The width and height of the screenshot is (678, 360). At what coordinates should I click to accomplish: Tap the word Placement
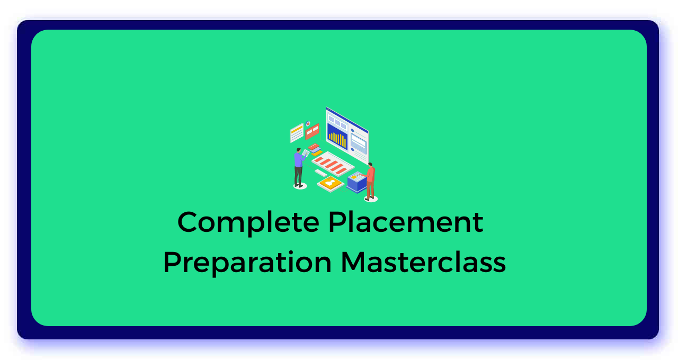(406, 222)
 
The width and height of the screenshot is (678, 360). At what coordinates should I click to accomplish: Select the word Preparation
(247, 263)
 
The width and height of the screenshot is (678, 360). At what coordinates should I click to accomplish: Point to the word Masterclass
(423, 262)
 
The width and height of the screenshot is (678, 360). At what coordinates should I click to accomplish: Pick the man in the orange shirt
(370, 180)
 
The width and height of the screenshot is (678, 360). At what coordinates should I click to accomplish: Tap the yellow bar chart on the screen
(337, 139)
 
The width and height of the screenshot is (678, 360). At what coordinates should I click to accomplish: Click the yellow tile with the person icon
(330, 183)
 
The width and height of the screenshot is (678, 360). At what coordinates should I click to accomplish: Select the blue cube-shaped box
(356, 183)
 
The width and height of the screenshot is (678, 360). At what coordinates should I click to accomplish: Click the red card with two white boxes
(312, 131)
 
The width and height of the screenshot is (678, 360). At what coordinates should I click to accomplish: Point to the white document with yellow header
(297, 132)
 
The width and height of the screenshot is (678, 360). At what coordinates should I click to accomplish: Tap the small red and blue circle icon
(308, 124)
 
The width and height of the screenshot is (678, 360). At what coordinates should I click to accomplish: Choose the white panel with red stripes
(333, 163)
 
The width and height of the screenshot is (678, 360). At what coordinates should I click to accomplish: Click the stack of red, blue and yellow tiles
(315, 150)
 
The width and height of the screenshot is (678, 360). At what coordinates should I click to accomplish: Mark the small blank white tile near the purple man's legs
(320, 173)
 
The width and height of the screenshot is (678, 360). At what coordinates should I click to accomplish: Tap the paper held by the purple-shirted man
(306, 153)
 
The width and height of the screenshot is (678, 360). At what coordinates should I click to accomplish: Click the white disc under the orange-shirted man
(371, 199)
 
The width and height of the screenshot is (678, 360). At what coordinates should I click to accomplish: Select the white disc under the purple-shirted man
(300, 186)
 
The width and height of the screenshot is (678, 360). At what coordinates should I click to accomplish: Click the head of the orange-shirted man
(370, 165)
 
